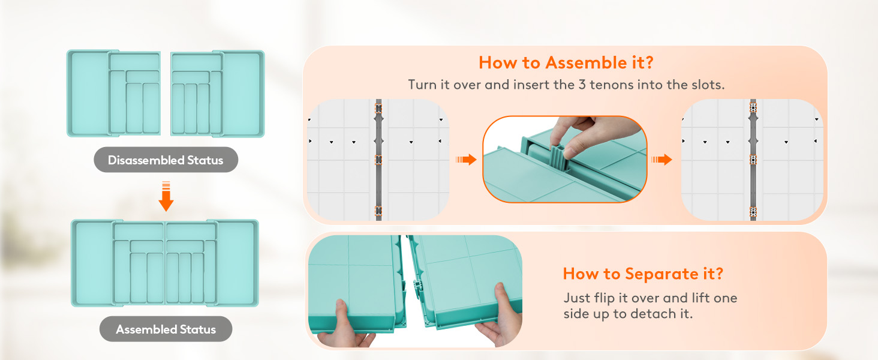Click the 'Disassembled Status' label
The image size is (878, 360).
point(166,160)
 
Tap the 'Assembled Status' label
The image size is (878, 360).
point(166,329)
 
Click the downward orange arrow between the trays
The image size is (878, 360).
point(166,196)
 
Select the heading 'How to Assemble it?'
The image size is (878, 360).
point(566,63)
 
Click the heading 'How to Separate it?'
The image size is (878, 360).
point(643,274)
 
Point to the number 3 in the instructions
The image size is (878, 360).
point(582,85)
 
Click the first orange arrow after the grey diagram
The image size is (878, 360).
point(466,160)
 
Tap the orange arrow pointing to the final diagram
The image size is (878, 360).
point(661,160)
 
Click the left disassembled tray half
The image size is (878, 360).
point(114,94)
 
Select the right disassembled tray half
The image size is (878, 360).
point(218,94)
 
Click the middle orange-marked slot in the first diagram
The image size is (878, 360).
point(378,160)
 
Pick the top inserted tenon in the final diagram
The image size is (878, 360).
point(753,107)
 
